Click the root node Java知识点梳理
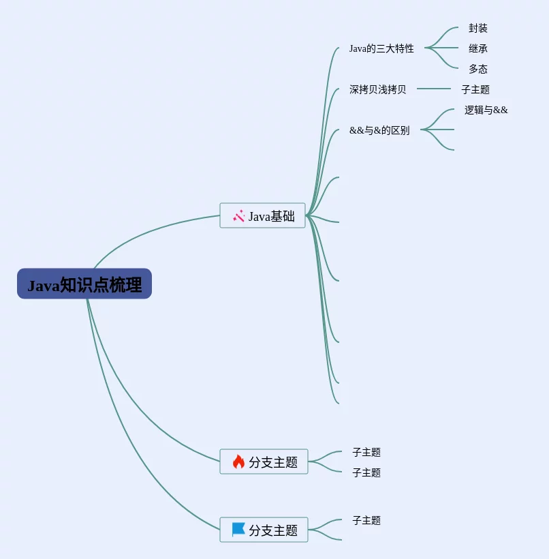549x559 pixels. coord(84,284)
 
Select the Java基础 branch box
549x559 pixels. coord(262,215)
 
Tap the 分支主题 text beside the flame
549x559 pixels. coord(273,462)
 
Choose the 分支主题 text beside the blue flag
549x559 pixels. coord(273,530)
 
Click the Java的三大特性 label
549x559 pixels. coord(381,48)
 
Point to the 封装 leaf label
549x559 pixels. coord(477,28)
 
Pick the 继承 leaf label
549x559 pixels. coord(477,48)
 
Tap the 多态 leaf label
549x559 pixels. coord(477,69)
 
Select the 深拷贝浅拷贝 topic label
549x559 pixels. coord(377,89)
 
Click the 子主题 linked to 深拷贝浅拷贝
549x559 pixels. coord(475,89)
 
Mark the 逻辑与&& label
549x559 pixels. coord(486,110)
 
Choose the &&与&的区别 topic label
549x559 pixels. coord(379,130)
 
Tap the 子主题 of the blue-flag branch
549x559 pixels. coord(366,520)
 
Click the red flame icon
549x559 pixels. coord(238,462)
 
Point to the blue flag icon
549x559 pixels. coord(238,530)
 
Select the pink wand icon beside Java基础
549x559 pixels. coord(238,215)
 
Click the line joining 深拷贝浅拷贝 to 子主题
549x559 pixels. coord(434,89)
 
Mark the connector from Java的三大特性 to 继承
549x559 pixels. coord(441,48)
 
